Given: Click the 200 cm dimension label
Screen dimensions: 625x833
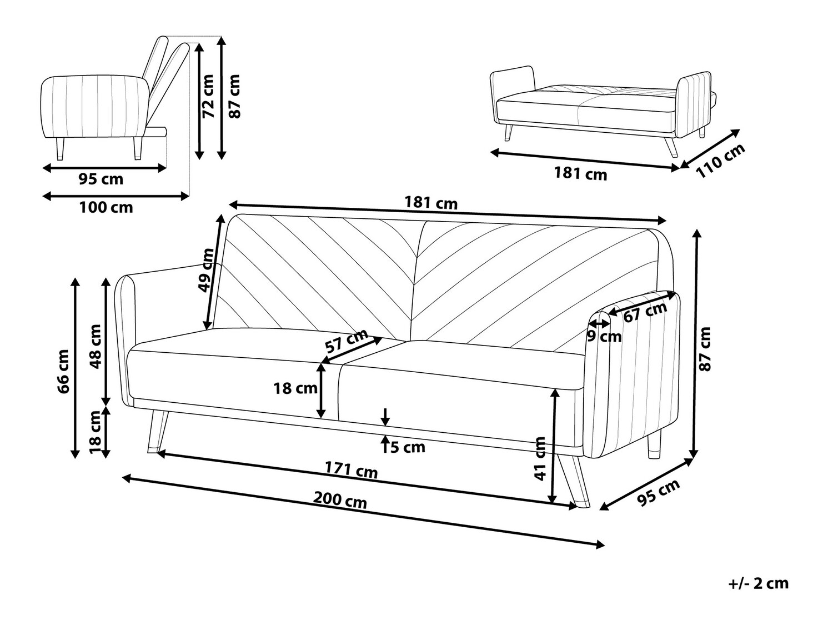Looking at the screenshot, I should point(340,500).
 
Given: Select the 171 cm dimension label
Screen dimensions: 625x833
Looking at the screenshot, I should point(351,471).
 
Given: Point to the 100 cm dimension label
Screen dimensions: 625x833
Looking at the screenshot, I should point(106,208).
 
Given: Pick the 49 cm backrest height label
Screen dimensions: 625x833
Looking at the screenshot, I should point(206,270).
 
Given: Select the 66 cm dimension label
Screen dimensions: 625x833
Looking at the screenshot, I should point(64,371).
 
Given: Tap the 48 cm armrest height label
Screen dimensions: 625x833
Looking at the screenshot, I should point(95,347).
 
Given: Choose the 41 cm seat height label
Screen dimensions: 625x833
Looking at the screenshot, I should point(540,458).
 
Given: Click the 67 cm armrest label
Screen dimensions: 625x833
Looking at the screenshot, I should point(645,313).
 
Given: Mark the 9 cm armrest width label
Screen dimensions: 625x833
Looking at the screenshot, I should point(604,336).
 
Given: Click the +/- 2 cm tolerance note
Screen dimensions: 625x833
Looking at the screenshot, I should point(759,583).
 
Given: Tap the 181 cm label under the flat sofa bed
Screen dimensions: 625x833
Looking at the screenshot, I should point(580,174).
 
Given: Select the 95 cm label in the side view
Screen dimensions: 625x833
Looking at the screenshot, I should point(101,179).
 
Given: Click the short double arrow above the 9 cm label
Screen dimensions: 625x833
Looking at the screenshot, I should point(599,323).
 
